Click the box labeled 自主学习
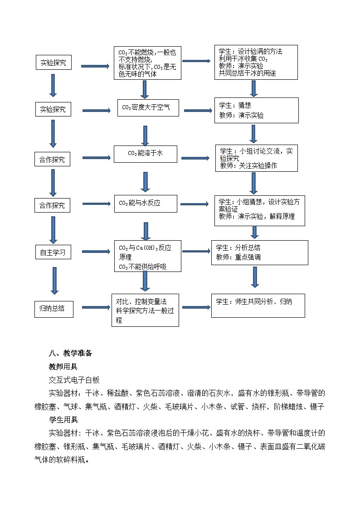point(53,252)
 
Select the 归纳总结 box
point(53,309)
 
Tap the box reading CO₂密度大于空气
point(148,108)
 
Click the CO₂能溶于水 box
point(145,154)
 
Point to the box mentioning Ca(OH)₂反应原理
point(147,257)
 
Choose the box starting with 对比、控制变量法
point(145,310)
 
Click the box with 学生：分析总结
point(259,252)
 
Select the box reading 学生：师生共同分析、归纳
point(258,305)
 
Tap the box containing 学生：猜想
point(256,110)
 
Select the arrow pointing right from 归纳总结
point(96,308)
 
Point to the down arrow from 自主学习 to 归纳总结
point(54,281)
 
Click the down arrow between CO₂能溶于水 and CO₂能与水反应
point(145,182)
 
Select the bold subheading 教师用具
point(63,367)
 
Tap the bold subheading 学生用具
point(63,420)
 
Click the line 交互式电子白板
point(74,380)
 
